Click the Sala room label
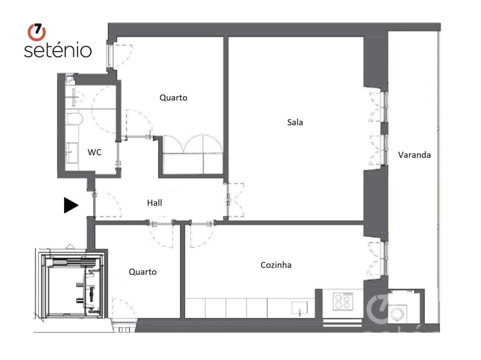tap(295, 122)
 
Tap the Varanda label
tap(414, 155)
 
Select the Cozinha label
tap(275, 265)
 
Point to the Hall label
tap(154, 203)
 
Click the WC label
tap(94, 152)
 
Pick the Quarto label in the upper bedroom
tap(173, 97)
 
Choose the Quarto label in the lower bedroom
tap(142, 272)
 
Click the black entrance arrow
tap(71, 205)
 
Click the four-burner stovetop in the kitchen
tap(342, 300)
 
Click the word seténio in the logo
tap(57, 50)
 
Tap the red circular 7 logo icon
tap(36, 32)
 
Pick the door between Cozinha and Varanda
tap(378, 258)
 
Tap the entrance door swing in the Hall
tap(106, 204)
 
